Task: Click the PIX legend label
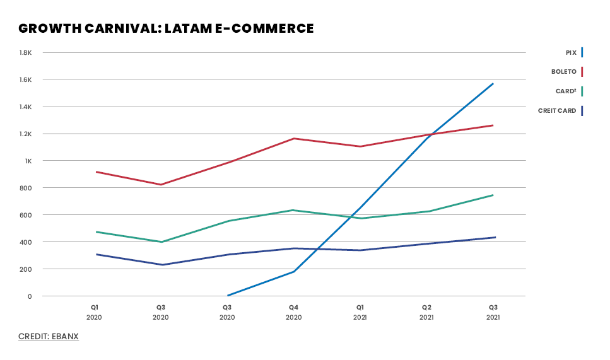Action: [x=571, y=52]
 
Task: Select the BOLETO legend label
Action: [x=563, y=72]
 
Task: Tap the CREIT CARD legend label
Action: [x=557, y=111]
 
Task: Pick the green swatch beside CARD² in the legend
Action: [x=582, y=91]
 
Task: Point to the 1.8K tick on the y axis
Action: [x=26, y=52]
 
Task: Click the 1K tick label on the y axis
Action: [x=28, y=161]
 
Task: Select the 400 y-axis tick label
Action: [x=26, y=242]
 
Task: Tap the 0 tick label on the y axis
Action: [x=29, y=296]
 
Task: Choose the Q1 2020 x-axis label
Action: [x=95, y=312]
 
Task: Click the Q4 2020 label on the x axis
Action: [x=293, y=312]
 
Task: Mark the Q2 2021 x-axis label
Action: [x=427, y=312]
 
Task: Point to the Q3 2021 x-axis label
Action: [x=493, y=312]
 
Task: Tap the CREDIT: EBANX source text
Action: [x=49, y=337]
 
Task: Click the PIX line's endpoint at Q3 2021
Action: [x=493, y=83]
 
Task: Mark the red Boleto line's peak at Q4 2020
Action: [x=293, y=138]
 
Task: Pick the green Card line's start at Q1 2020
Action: [x=96, y=232]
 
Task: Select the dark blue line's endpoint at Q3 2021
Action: [x=495, y=237]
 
